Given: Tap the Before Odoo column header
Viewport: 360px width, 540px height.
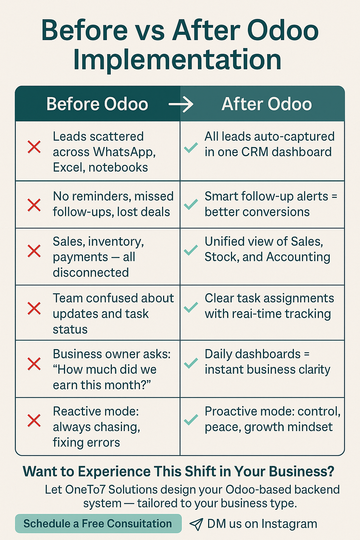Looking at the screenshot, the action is [97, 104].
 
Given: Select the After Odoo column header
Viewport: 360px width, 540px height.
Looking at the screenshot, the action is [267, 104].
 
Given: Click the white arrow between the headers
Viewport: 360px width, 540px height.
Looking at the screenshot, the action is [181, 104].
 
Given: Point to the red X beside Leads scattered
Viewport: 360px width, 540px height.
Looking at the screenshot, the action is [34, 147].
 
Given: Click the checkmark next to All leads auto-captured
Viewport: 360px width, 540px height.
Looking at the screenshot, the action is [191, 148].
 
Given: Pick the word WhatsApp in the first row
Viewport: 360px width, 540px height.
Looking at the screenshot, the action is [124, 152].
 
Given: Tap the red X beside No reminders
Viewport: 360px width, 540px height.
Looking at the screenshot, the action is [34, 205].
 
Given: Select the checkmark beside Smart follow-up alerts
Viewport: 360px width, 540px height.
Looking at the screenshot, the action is [191, 204].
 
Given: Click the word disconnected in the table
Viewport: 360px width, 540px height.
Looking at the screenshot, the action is [91, 272].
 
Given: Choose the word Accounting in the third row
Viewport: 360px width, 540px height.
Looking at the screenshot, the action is [298, 257].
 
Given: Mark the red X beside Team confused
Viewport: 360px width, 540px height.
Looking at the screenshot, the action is [34, 308].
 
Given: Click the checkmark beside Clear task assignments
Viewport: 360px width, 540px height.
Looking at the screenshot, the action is [191, 308].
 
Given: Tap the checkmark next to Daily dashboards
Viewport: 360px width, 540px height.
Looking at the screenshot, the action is [191, 363].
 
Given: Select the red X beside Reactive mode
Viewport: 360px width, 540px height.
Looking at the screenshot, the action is [34, 421].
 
